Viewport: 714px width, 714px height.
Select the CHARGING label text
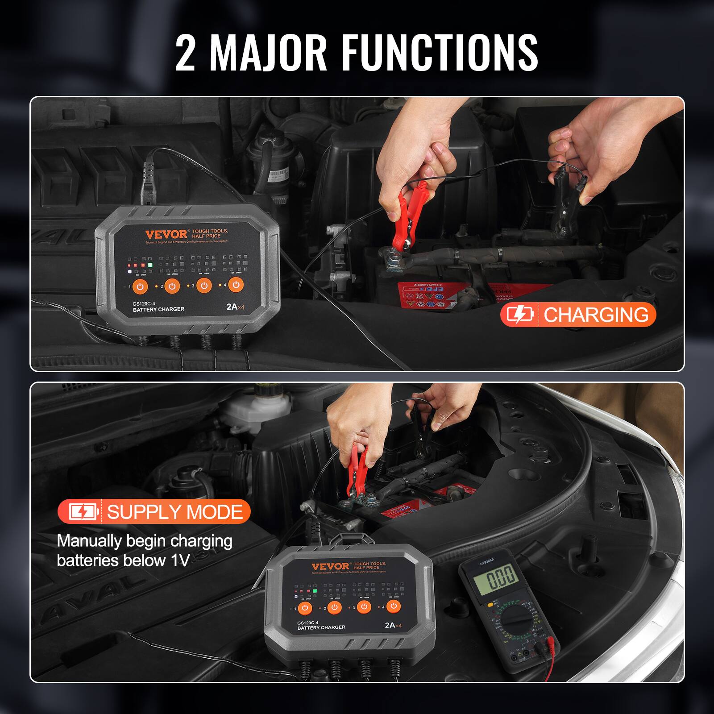[x=596, y=315]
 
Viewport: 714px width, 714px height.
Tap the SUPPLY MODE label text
[x=174, y=511]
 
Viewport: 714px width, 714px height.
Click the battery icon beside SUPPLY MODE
[x=83, y=511]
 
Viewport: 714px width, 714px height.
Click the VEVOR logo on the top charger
[x=166, y=234]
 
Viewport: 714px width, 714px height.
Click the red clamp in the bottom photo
[x=357, y=469]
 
